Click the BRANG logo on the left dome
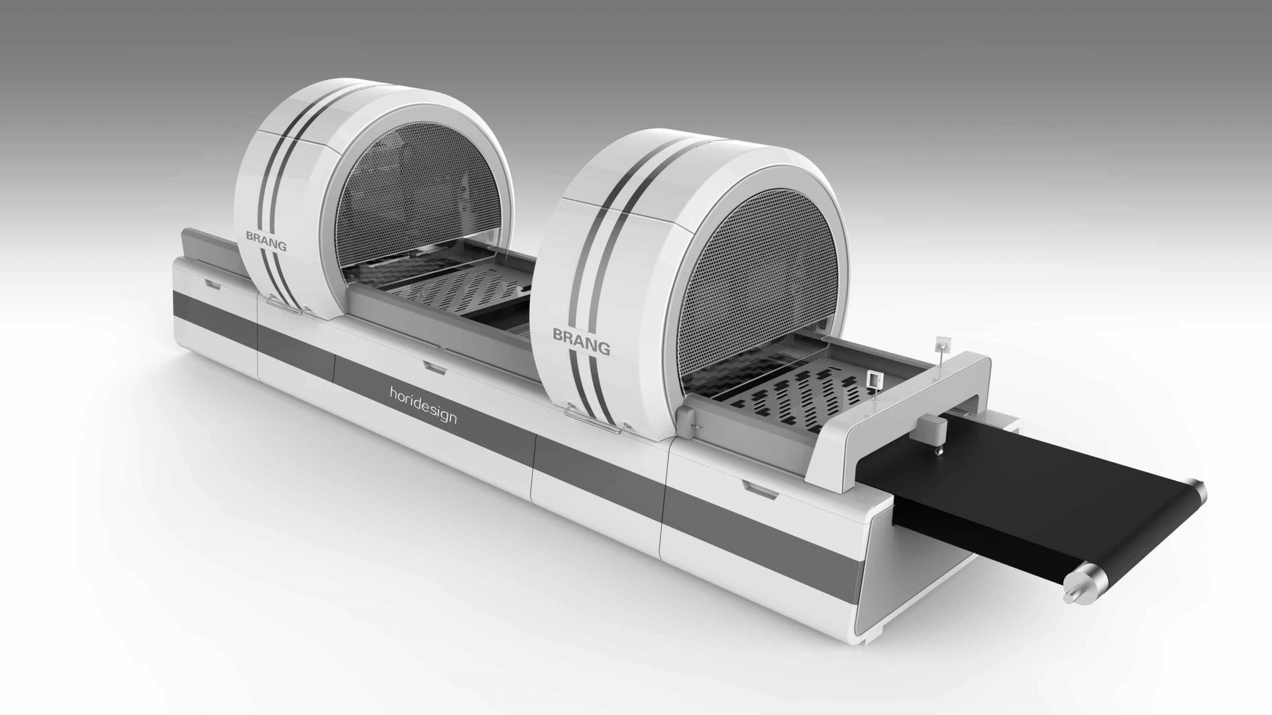pos(266,240)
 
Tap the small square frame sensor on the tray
pos(874,379)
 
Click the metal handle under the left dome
pos(288,305)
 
